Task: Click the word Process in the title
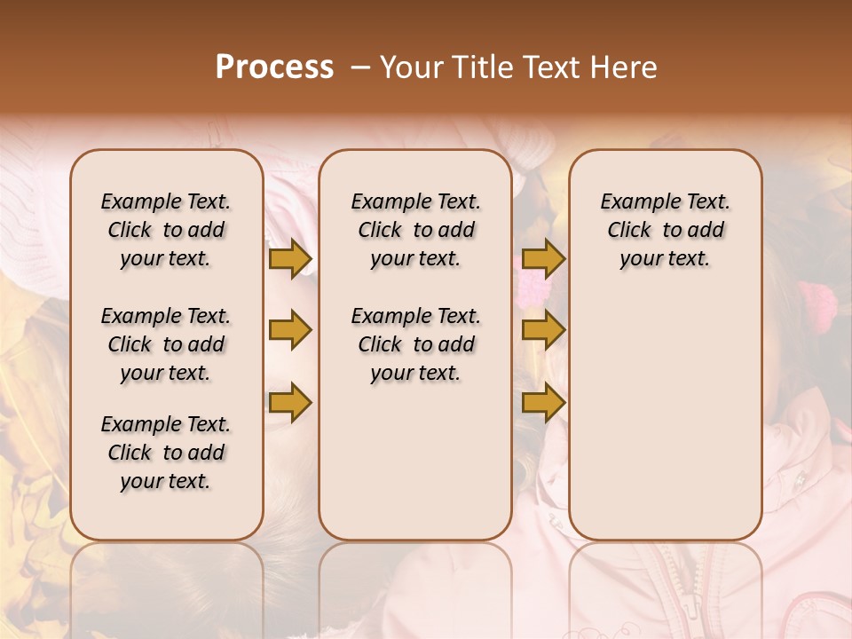pos(274,67)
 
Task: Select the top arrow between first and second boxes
pos(290,259)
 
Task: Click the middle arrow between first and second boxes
pos(290,330)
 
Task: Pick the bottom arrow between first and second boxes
pos(290,403)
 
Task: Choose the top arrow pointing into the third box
pos(543,259)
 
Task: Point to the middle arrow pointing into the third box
pos(543,330)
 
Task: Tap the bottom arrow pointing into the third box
pos(543,403)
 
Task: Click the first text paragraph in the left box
pos(166,230)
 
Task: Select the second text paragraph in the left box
pos(166,344)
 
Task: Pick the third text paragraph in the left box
pos(166,453)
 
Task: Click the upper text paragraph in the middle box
pos(415,230)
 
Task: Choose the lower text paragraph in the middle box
pos(415,344)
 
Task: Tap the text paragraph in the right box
pos(665,230)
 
